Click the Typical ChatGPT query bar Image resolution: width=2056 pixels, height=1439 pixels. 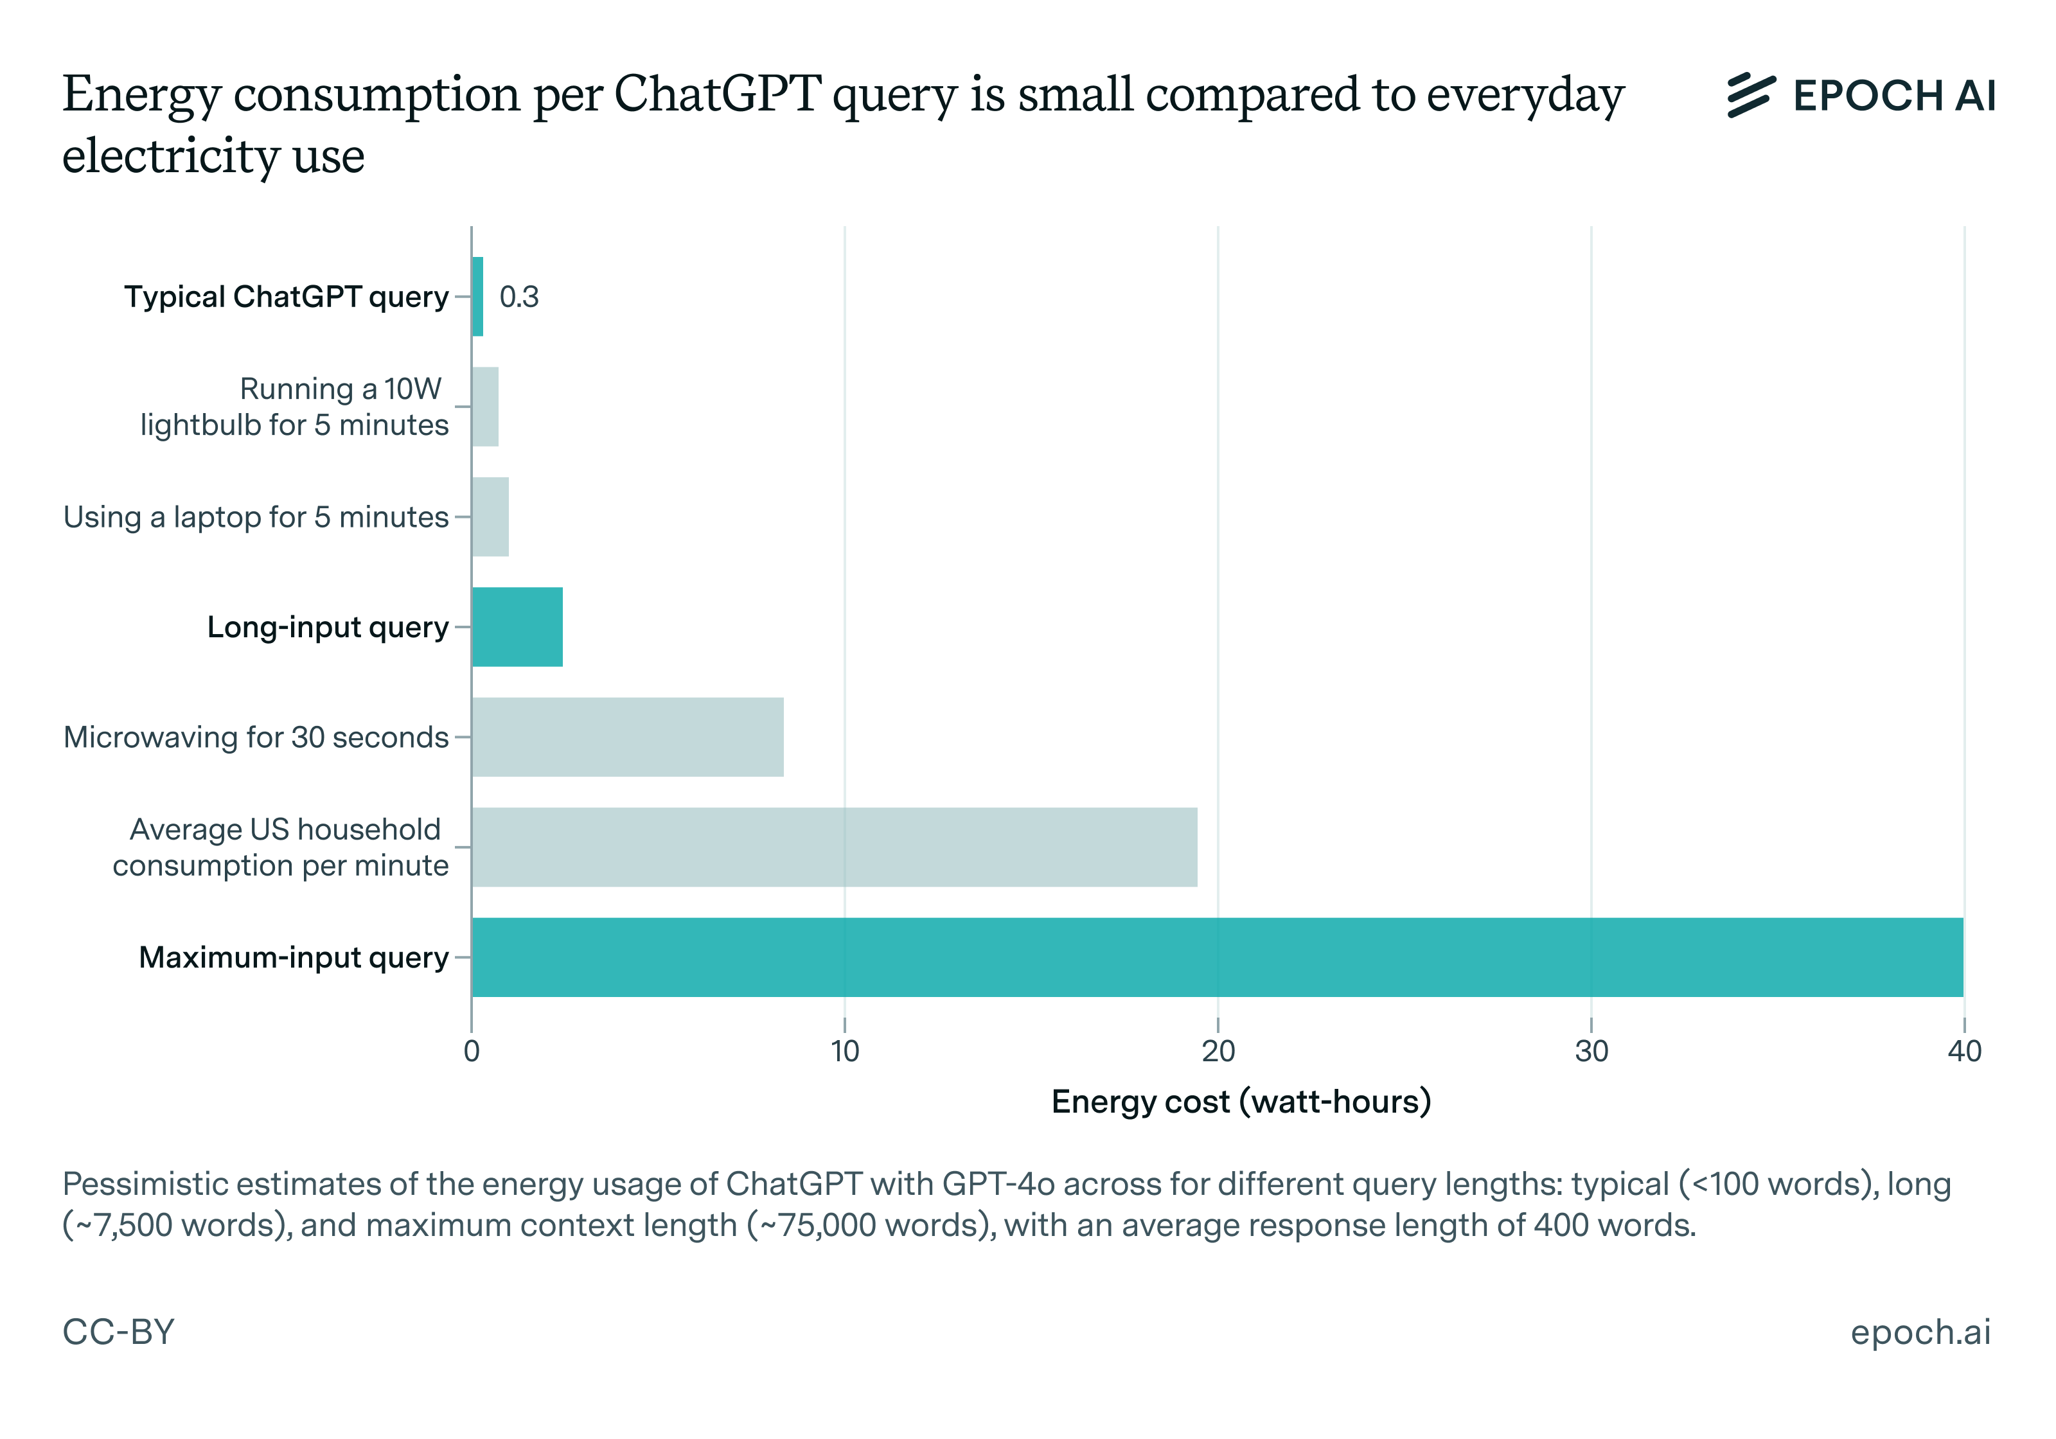pyautogui.click(x=477, y=296)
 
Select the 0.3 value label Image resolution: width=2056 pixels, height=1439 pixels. pyautogui.click(x=518, y=296)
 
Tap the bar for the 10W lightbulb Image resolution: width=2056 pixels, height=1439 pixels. pyautogui.click(x=484, y=407)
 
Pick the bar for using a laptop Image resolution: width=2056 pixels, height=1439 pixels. pyautogui.click(x=490, y=516)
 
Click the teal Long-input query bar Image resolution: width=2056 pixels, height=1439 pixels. pyautogui.click(x=517, y=627)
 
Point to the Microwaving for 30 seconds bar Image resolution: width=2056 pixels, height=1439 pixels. pyautogui.click(x=627, y=737)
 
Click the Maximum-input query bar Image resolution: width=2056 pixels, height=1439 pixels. pyautogui.click(x=1217, y=957)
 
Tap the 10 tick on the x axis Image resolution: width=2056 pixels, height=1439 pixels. pyautogui.click(x=844, y=1051)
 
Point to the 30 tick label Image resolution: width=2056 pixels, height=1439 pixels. pyautogui.click(x=1591, y=1051)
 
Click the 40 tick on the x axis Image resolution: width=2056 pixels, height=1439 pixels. pyautogui.click(x=1963, y=1051)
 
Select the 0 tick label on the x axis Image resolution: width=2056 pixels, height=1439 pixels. pyautogui.click(x=472, y=1051)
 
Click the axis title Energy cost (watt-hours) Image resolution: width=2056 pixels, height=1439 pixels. pyautogui.click(x=1241, y=1101)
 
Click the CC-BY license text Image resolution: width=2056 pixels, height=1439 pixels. pyautogui.click(x=118, y=1332)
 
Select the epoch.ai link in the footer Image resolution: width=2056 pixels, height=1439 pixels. pyautogui.click(x=1920, y=1332)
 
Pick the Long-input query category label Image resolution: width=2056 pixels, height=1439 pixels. pyautogui.click(x=328, y=627)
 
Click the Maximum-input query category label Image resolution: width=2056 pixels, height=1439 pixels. pyautogui.click(x=294, y=957)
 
